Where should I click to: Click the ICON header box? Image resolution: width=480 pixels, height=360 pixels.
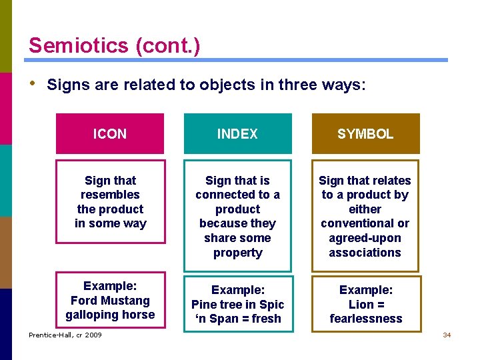tap(110, 134)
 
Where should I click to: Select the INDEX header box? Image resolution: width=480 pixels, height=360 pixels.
tap(237, 134)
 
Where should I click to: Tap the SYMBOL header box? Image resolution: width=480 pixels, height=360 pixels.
tap(365, 134)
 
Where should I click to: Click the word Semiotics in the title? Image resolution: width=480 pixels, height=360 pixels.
tap(79, 45)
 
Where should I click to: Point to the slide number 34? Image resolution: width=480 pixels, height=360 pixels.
tap(447, 335)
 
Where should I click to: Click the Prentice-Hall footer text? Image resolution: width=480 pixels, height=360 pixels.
tap(65, 335)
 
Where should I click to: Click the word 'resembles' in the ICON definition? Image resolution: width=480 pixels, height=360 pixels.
tap(110, 195)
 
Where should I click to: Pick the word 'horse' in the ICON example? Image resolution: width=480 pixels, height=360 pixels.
tap(139, 315)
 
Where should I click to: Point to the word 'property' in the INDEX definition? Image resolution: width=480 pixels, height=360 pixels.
tap(237, 253)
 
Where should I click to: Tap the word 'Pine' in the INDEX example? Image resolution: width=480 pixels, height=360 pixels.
tap(204, 305)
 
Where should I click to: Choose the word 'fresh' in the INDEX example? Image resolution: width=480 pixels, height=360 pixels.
tap(265, 319)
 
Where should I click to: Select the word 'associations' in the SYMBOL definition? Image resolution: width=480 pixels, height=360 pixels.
tap(365, 253)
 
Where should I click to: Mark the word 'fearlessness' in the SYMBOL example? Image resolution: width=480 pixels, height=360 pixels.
tap(366, 319)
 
